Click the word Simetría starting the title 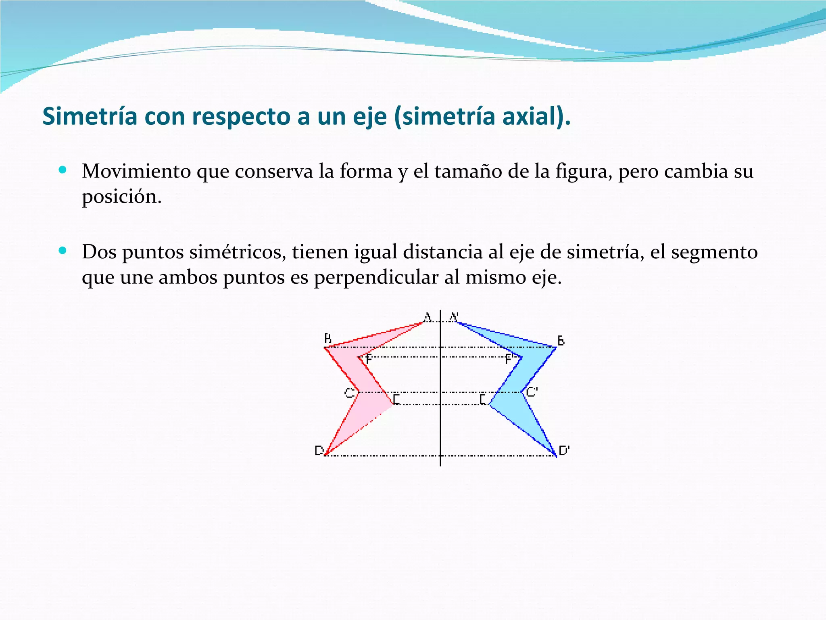pyautogui.click(x=90, y=117)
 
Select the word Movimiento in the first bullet pyautogui.click(x=136, y=171)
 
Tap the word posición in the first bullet pyautogui.click(x=121, y=197)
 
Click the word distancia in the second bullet pyautogui.click(x=442, y=252)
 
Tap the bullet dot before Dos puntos pyautogui.click(x=62, y=251)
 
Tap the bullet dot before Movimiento pyautogui.click(x=62, y=170)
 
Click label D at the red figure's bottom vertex pyautogui.click(x=319, y=450)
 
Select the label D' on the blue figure pyautogui.click(x=564, y=450)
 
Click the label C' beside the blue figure pyautogui.click(x=532, y=392)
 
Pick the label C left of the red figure pyautogui.click(x=349, y=393)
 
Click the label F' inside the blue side pyautogui.click(x=509, y=359)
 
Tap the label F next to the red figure pyautogui.click(x=368, y=359)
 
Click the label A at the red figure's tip pyautogui.click(x=427, y=317)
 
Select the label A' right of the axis pyautogui.click(x=454, y=317)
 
